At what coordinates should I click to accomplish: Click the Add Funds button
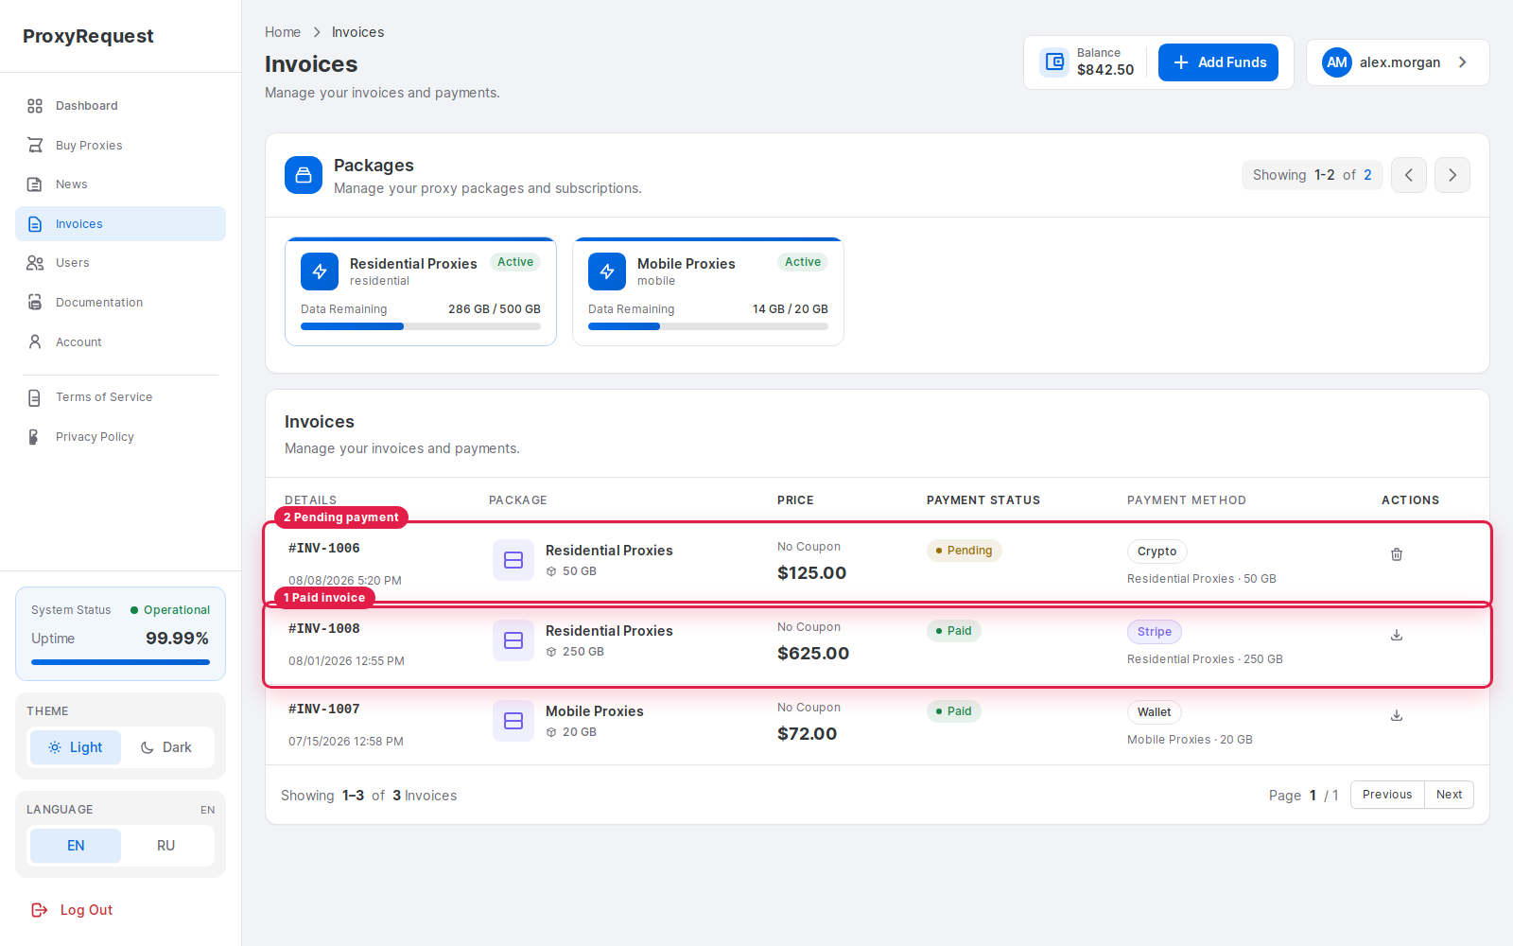click(x=1218, y=62)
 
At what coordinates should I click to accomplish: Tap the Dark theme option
click(x=166, y=747)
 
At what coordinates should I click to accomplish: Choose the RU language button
click(x=166, y=846)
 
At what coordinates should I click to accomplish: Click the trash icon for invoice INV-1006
click(x=1397, y=554)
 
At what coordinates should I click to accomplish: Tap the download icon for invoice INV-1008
click(x=1397, y=635)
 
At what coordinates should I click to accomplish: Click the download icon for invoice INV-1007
click(x=1397, y=715)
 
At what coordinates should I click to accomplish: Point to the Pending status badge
click(x=964, y=550)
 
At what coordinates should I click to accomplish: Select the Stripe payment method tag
click(x=1155, y=631)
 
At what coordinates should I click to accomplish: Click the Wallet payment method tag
click(x=1155, y=711)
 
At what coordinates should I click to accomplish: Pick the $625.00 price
click(x=813, y=654)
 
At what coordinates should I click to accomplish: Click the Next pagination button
click(x=1449, y=795)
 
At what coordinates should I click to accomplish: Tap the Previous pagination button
click(x=1387, y=795)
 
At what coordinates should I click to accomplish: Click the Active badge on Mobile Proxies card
click(x=803, y=261)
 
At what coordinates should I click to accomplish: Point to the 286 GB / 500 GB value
click(x=495, y=308)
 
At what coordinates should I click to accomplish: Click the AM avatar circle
click(x=1337, y=62)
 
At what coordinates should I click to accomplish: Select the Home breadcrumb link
click(x=283, y=32)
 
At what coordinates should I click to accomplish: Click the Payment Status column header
click(x=983, y=500)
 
